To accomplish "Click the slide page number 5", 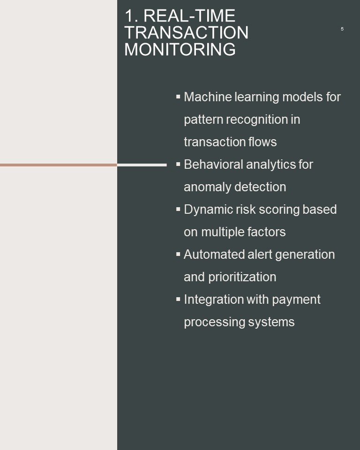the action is (342, 29).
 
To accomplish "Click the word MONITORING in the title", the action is (180, 49).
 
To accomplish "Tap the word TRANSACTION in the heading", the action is (186, 32).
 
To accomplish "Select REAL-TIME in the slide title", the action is (189, 15).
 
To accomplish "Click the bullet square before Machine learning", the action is (178, 97).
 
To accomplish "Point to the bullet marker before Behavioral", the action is (178, 164).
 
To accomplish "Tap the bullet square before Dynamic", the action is (178, 209).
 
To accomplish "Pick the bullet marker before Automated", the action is (178, 254).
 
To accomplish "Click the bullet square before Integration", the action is (178, 300).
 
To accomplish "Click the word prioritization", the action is (242, 277).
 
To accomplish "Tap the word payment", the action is (296, 300).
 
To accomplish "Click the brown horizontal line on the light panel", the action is (59, 165).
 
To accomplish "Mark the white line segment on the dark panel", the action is (142, 165).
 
